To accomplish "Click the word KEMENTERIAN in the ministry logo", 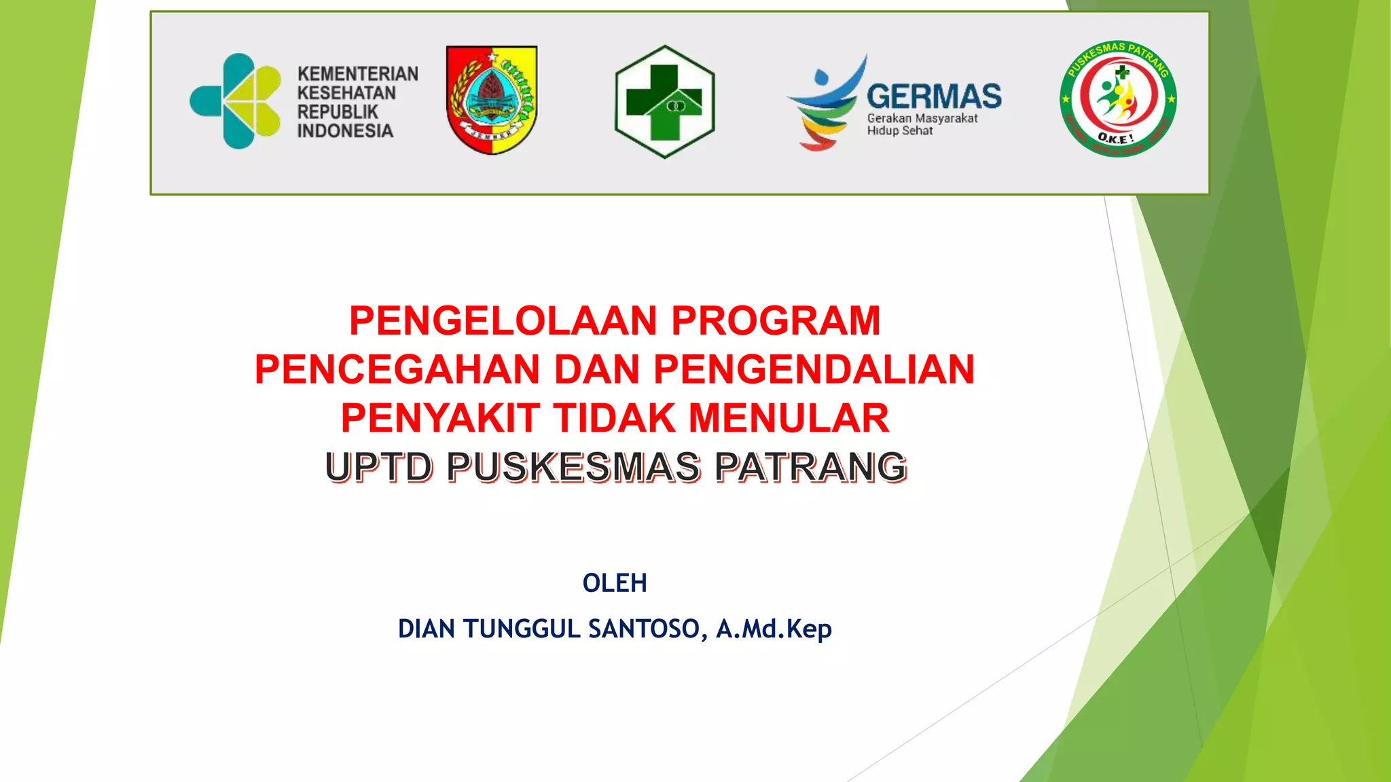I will click(x=357, y=73).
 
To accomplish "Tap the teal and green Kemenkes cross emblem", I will click(x=236, y=101).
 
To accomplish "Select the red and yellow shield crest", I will click(x=492, y=100).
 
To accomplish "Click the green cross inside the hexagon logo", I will click(x=664, y=101).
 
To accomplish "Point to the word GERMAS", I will click(x=933, y=96).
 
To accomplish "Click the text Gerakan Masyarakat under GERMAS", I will click(x=922, y=118).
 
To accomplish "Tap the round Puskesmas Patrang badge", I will click(x=1118, y=99).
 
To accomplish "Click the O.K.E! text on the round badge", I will click(x=1115, y=138).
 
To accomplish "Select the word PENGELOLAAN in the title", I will click(x=503, y=320).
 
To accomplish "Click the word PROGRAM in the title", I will click(x=776, y=320).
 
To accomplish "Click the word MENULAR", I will click(x=789, y=418).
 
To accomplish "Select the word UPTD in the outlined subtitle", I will click(x=378, y=468).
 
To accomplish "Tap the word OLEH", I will click(x=615, y=583).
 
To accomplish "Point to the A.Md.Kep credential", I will click(x=774, y=629).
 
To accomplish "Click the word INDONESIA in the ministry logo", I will click(x=344, y=131).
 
